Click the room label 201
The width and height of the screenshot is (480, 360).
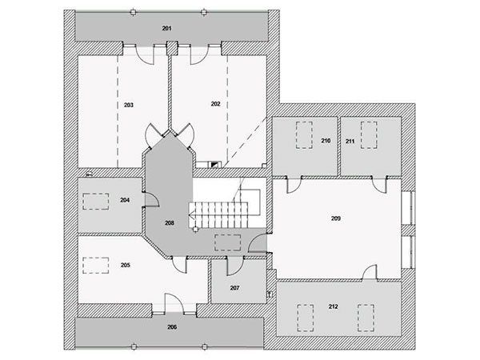click(166, 29)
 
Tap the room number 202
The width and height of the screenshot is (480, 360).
click(215, 104)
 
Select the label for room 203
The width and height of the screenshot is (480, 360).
click(129, 105)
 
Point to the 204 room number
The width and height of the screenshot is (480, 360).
click(125, 200)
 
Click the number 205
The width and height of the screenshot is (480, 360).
click(126, 265)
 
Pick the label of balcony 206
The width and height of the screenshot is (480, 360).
click(172, 327)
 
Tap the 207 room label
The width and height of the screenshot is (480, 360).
click(234, 288)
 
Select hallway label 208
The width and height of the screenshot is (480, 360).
click(170, 223)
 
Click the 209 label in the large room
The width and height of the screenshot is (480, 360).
click(336, 218)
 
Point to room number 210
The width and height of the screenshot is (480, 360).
click(326, 141)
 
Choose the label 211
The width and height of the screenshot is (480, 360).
click(350, 141)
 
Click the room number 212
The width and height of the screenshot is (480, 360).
click(334, 306)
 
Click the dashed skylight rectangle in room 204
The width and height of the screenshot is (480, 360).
click(96, 194)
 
